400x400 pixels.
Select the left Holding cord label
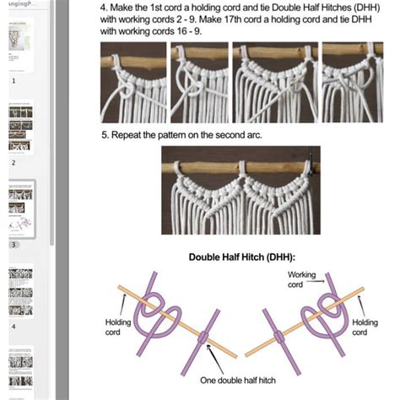[x=118, y=327]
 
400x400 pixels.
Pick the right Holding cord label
[x=364, y=327]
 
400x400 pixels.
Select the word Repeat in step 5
[x=129, y=135]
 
